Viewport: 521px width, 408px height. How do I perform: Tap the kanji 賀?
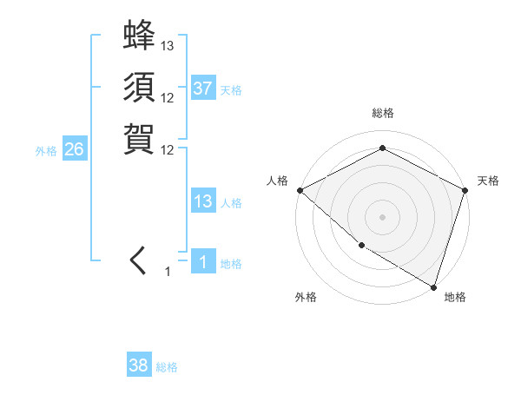139,138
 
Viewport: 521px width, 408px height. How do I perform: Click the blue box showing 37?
203,89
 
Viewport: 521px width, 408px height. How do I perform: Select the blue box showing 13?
203,202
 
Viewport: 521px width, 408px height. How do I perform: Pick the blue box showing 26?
74,149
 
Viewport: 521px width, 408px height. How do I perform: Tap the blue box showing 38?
139,365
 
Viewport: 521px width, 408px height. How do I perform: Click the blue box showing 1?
203,262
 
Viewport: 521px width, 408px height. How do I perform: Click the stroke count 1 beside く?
168,272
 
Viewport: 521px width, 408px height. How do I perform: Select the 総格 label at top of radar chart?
382,113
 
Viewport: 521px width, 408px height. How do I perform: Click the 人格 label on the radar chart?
277,181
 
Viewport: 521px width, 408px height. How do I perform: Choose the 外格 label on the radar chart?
306,298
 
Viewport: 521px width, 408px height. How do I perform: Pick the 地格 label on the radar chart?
455,298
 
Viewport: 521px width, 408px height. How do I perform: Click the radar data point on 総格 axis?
382,148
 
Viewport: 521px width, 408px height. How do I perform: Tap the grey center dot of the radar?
382,216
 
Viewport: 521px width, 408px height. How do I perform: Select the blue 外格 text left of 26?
46,150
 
